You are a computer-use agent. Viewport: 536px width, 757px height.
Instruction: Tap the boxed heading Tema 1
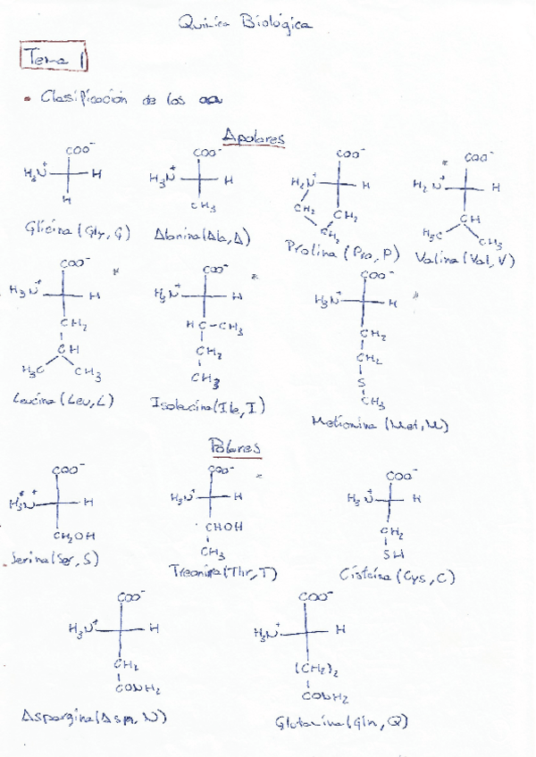click(57, 58)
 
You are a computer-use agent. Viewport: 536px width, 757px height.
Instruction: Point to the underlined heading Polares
click(234, 445)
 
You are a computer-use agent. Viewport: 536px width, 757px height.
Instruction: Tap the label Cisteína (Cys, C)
click(398, 576)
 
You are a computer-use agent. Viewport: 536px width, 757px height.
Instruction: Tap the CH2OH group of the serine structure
click(75, 536)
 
